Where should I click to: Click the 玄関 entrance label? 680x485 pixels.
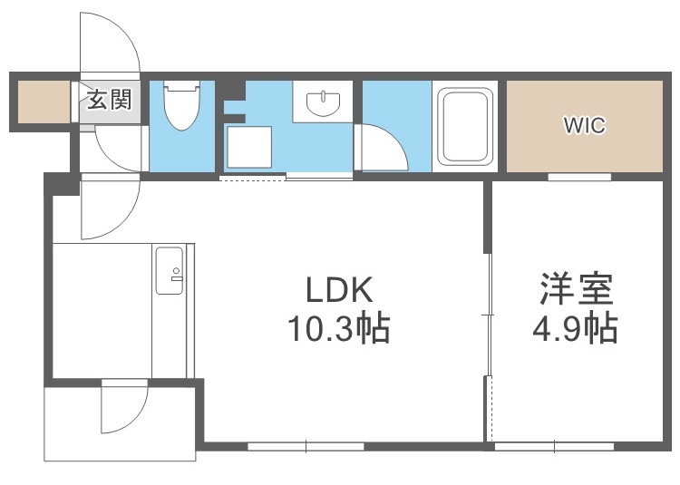[109, 99]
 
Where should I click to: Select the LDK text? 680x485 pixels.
[338, 292]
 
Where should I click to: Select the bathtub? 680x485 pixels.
[464, 126]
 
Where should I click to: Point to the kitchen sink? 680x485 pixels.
[169, 270]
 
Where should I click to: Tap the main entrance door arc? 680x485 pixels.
[111, 45]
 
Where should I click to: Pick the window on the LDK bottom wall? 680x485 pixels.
[306, 445]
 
